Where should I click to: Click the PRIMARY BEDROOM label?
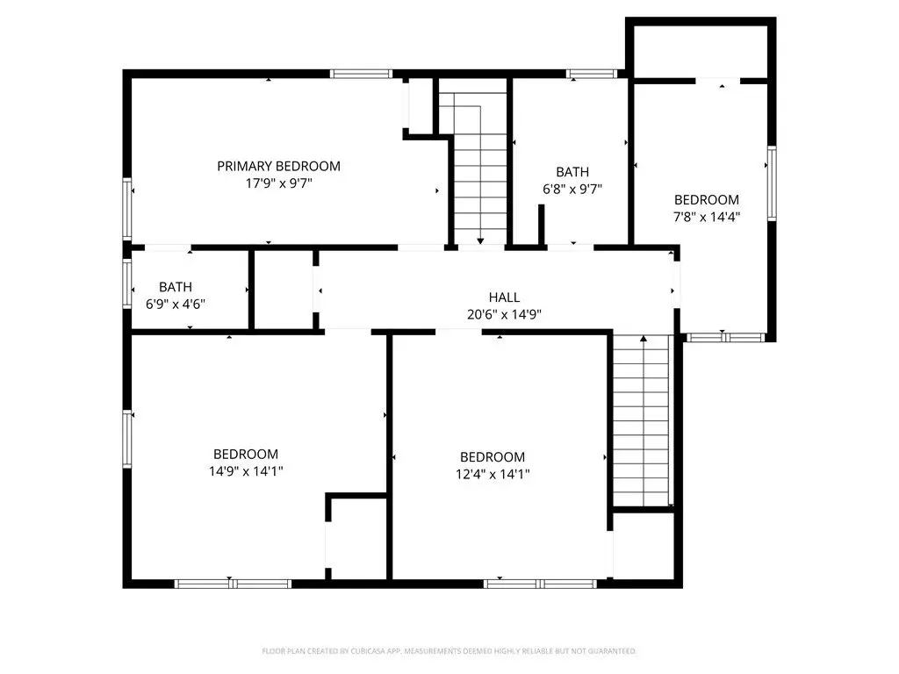(278, 166)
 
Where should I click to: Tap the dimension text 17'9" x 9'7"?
(278, 183)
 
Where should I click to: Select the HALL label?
(505, 298)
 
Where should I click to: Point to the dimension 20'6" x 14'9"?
(505, 315)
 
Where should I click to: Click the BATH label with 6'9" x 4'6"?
(176, 287)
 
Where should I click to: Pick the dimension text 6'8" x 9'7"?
(572, 190)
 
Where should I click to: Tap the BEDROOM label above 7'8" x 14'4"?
(707, 200)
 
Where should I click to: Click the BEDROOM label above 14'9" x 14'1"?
(246, 455)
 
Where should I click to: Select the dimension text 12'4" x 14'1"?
(493, 475)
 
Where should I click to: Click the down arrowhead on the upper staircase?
(480, 241)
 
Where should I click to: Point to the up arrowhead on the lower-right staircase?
(644, 339)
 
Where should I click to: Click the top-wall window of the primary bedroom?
(361, 74)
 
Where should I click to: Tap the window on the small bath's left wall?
(127, 283)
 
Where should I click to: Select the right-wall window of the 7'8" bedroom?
(772, 183)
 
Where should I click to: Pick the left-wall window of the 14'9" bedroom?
(127, 439)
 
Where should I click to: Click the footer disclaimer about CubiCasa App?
(449, 651)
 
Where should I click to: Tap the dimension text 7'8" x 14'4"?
(707, 218)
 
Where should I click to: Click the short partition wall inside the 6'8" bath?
(541, 226)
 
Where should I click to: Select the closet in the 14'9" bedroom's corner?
(356, 538)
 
